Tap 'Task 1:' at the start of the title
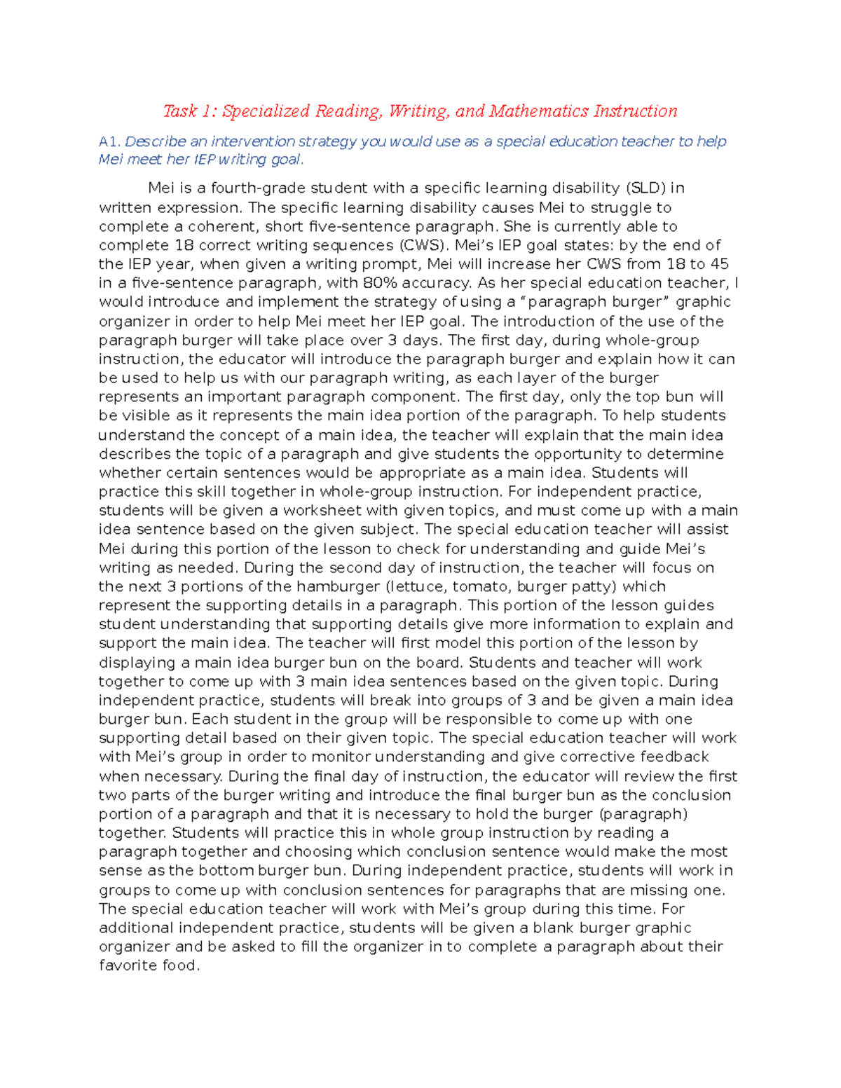(190, 111)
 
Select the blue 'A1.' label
(110, 142)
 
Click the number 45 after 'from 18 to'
(719, 264)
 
